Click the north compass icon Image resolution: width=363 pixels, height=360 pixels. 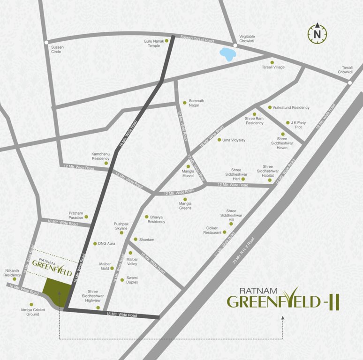tap(318, 33)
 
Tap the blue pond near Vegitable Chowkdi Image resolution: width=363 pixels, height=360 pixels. tap(227, 54)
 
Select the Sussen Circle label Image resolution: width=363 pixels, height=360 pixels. tap(58, 49)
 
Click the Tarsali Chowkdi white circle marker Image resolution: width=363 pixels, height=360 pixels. tap(350, 83)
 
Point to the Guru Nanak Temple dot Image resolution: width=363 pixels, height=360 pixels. tap(166, 41)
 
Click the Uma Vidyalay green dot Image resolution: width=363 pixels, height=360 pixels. tap(219, 139)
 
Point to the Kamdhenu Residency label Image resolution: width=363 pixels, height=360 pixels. tap(100, 156)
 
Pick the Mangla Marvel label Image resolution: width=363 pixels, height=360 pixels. tap(188, 174)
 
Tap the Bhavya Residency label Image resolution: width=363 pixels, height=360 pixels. tap(157, 219)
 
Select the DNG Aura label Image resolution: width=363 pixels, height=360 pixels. tap(106, 244)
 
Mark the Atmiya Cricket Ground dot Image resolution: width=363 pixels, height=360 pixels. tap(31, 304)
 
